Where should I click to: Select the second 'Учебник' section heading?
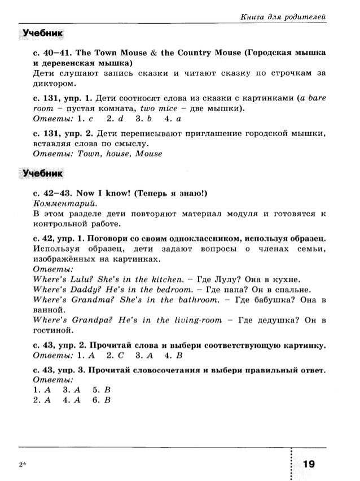pyautogui.click(x=41, y=173)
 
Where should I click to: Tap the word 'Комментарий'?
pyautogui.click(x=62, y=203)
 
